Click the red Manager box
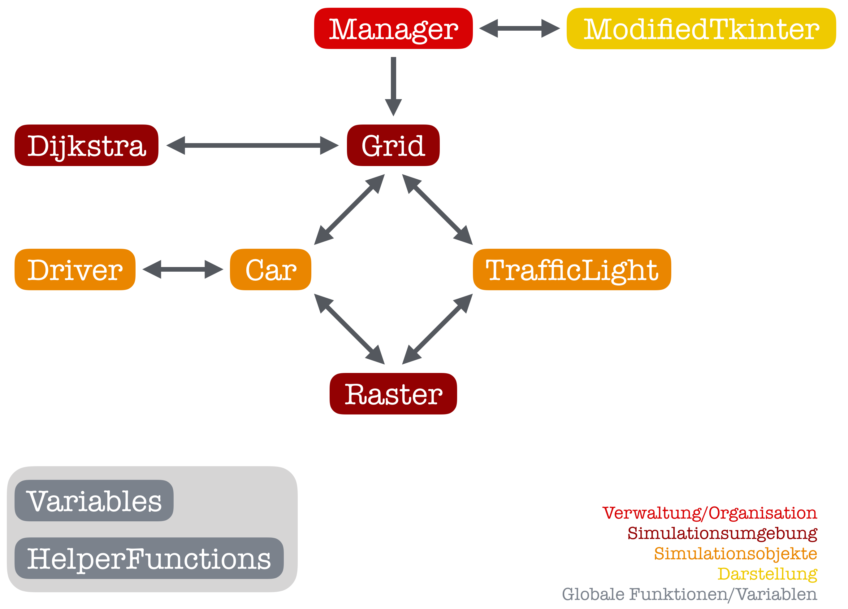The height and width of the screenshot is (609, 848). point(393,28)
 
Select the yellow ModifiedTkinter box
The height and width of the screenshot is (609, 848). point(701,28)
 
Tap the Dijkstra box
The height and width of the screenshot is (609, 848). point(86,145)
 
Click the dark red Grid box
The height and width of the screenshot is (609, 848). point(393,145)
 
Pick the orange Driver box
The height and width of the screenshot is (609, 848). point(75,269)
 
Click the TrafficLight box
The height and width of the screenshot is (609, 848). point(572,269)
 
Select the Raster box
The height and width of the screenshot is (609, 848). point(393,394)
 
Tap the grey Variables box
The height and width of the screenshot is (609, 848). point(94,501)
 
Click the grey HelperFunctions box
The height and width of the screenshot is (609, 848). point(149,558)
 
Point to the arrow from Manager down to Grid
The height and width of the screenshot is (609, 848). point(393,86)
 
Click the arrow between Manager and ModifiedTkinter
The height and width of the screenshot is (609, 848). point(519,28)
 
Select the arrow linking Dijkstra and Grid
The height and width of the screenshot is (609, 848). point(252,145)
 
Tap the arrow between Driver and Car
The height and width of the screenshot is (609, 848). point(183,269)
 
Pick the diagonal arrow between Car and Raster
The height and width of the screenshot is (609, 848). point(349,329)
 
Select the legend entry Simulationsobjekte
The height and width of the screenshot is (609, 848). point(735,554)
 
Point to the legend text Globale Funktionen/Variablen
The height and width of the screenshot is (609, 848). point(690,594)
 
